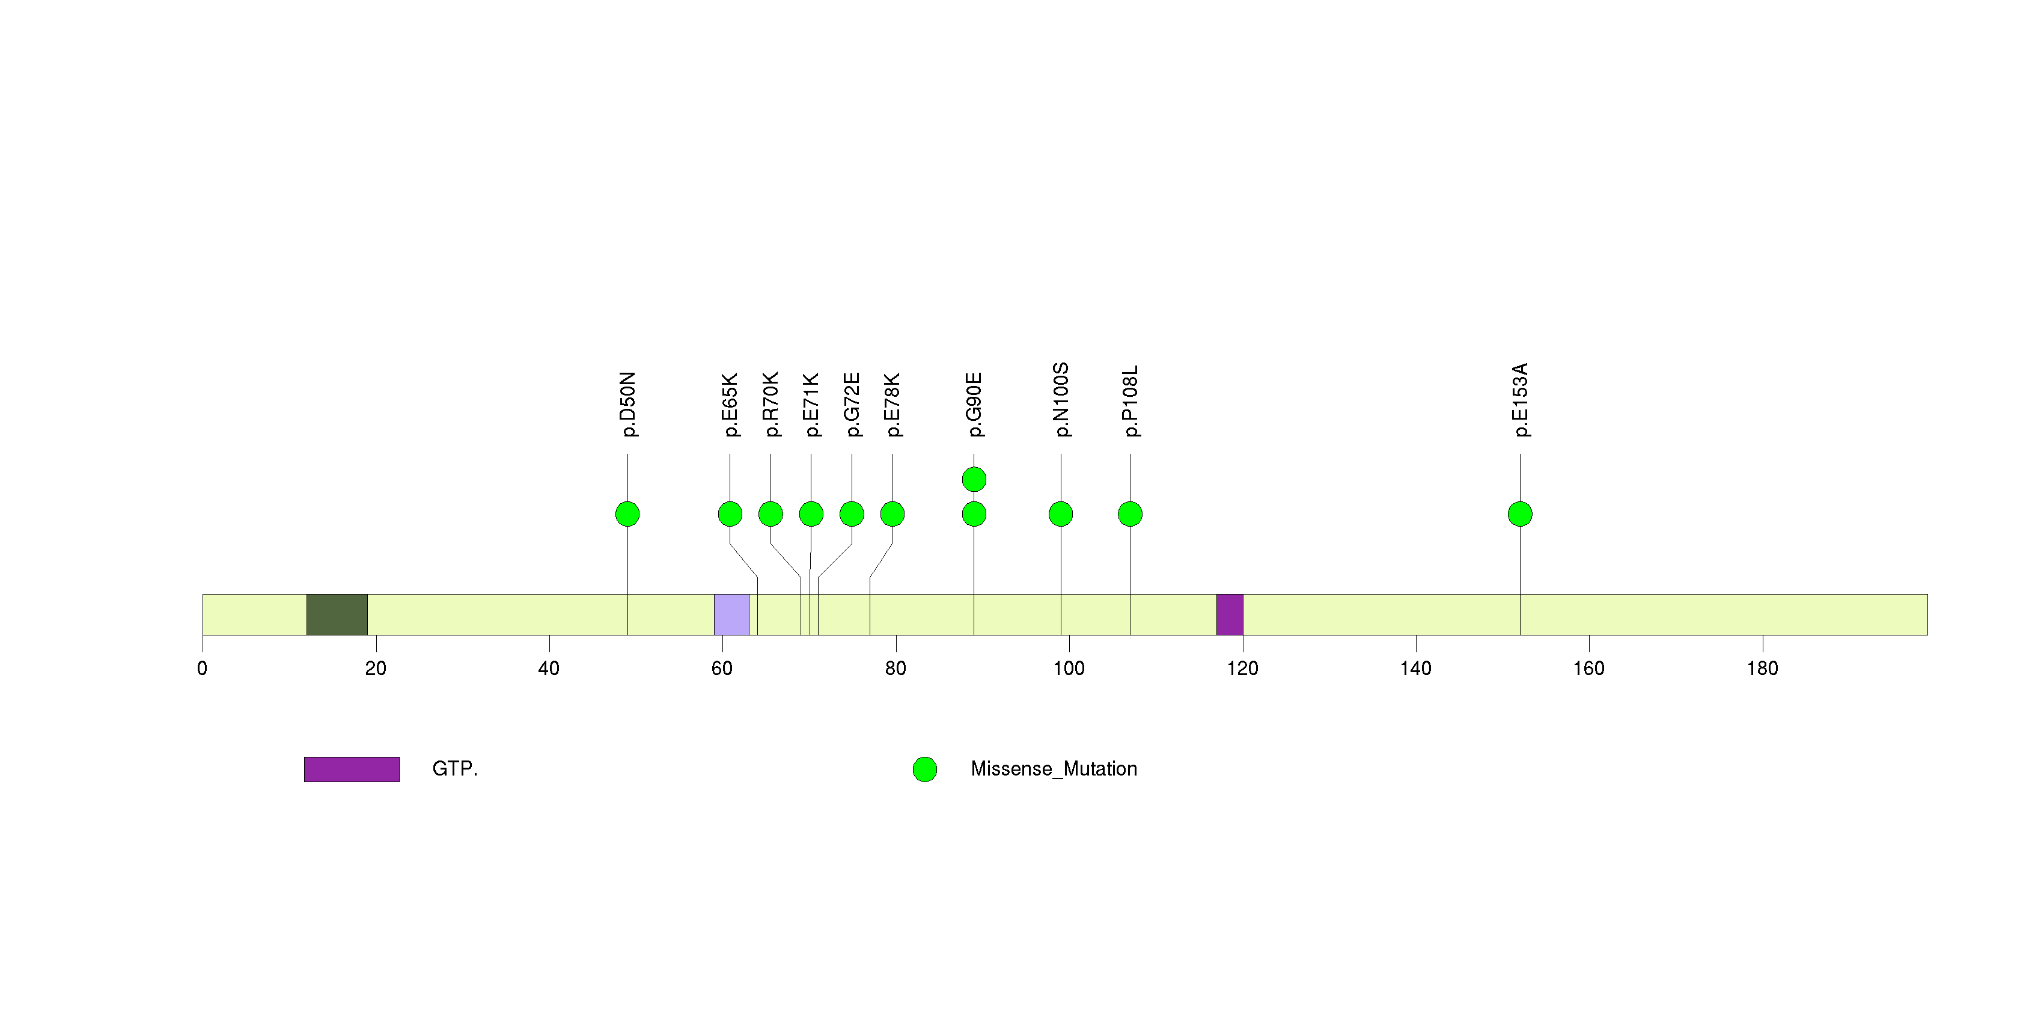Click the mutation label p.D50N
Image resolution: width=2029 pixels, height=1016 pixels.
tap(628, 404)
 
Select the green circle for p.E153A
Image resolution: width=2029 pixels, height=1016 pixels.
tap(1519, 514)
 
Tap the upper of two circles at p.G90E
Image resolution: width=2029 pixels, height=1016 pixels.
tap(974, 479)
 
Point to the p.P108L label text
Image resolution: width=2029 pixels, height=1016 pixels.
tap(1130, 401)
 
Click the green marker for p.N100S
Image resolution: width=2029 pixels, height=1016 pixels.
tap(1060, 514)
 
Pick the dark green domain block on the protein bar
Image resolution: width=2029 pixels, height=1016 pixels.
tap(337, 614)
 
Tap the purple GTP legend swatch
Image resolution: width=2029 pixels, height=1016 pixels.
tap(352, 769)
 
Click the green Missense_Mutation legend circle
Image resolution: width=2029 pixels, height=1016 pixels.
tap(925, 770)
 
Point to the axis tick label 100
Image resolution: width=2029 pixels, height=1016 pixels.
tap(1069, 669)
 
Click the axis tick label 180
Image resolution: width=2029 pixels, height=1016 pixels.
tap(1762, 669)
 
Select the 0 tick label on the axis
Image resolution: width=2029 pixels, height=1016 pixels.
tap(203, 669)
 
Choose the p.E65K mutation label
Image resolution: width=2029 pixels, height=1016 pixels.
tap(730, 405)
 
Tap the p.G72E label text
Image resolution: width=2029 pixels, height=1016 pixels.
tap(852, 405)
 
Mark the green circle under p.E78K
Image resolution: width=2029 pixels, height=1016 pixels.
tap(892, 514)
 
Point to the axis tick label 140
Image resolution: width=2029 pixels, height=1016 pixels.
tap(1415, 669)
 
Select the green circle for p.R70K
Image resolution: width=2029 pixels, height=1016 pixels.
tap(770, 514)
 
